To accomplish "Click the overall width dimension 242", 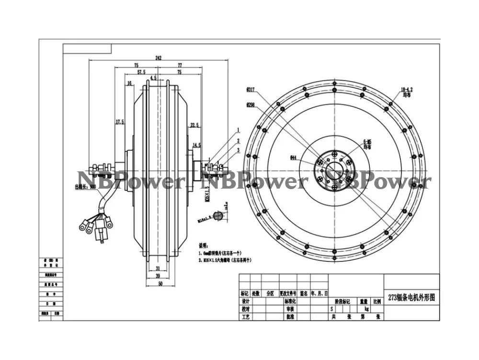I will (159, 58).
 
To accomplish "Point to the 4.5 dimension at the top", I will (153, 78).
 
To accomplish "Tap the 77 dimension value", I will (180, 65).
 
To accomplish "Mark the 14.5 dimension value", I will (196, 144).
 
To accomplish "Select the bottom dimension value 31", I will (158, 268).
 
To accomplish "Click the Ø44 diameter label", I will (293, 157).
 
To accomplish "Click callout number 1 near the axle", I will (238, 130).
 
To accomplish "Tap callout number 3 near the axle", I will (238, 150).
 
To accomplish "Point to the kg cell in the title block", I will (366, 310).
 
